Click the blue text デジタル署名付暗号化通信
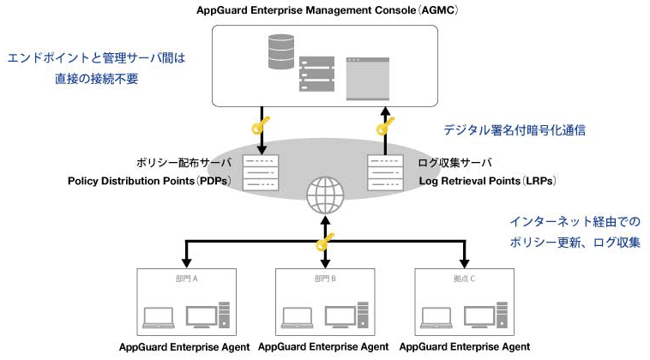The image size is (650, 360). tap(515, 130)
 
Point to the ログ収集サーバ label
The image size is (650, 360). tap(455, 162)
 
